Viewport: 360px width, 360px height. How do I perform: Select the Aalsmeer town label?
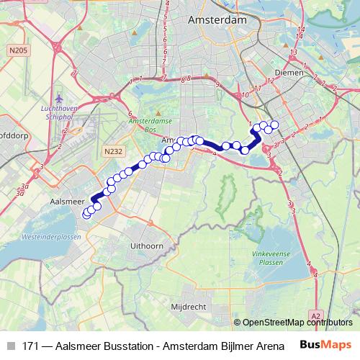coord(70,195)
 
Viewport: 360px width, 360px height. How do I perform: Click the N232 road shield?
coord(112,152)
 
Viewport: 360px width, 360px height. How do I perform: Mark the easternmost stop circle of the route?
coord(274,125)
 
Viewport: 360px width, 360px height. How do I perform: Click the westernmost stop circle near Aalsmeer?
coord(86,214)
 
